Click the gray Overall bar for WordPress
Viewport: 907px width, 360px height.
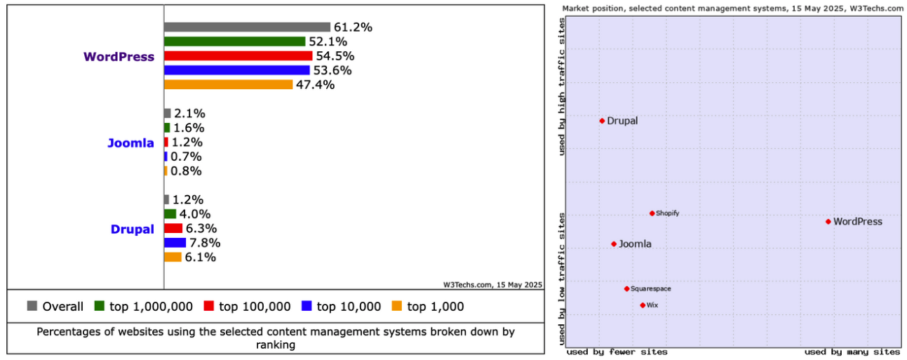247,27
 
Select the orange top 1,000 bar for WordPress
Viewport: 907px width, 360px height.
228,85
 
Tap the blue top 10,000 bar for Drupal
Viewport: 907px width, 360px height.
175,243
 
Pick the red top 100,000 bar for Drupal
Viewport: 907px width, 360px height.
173,229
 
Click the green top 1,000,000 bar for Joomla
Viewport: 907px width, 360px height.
167,128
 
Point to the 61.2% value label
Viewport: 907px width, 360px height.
353,27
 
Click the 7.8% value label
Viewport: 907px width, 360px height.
205,243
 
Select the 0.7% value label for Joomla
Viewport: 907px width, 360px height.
186,156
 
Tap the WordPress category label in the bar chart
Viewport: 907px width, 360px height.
119,57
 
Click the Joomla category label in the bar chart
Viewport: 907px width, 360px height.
130,143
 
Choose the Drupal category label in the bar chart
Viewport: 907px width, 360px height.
132,229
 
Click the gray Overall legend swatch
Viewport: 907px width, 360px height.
32,306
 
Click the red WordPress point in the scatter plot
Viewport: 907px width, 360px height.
828,222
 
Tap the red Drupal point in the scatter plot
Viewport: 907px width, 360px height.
602,121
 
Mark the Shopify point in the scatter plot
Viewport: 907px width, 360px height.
652,213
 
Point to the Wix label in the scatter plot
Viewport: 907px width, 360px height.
652,305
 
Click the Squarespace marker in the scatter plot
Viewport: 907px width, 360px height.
626,288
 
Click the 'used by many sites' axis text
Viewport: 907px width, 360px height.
852,352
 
